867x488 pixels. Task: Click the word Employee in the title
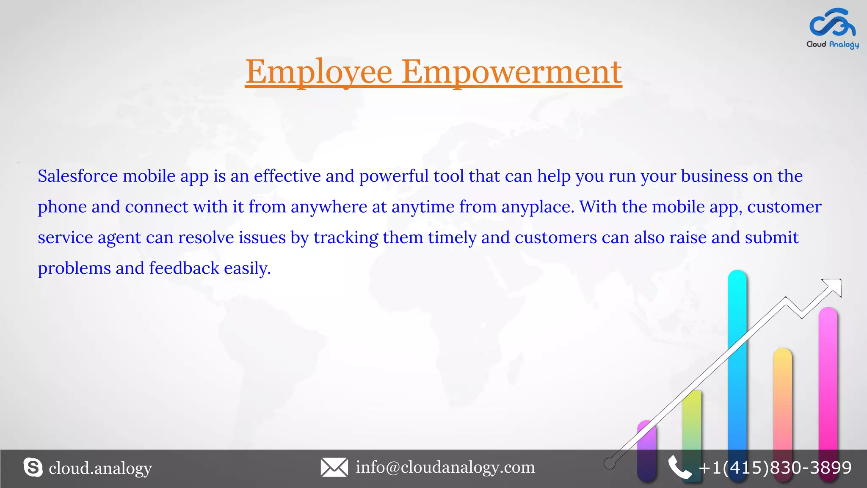tap(319, 72)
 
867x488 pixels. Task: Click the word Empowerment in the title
tap(511, 72)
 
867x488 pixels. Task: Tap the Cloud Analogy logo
tap(832, 28)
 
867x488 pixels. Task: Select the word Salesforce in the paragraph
tap(78, 176)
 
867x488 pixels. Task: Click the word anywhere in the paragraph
tap(329, 207)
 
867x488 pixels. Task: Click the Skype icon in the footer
tap(33, 468)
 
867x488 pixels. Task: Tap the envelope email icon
tap(334, 468)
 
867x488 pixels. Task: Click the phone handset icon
tap(679, 468)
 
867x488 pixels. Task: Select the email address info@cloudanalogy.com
tap(445, 467)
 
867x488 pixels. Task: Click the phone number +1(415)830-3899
tap(775, 468)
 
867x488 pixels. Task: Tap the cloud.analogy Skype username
tap(100, 468)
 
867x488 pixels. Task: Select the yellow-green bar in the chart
tap(692, 424)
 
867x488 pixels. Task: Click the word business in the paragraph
tap(714, 176)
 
